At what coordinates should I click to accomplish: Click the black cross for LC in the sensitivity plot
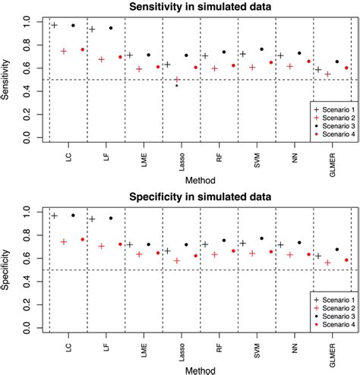54,25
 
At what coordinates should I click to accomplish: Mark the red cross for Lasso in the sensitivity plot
178,80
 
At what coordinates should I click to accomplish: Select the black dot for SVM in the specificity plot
262,238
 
